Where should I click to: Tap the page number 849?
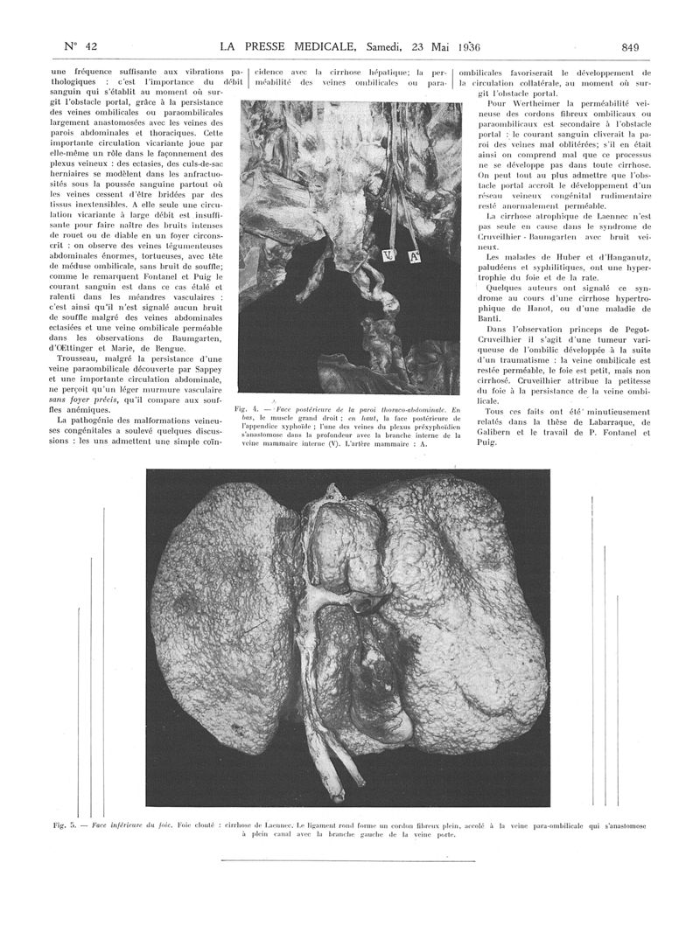coord(631,46)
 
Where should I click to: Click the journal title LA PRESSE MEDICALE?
coord(289,46)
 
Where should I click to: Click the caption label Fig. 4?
coord(246,408)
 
